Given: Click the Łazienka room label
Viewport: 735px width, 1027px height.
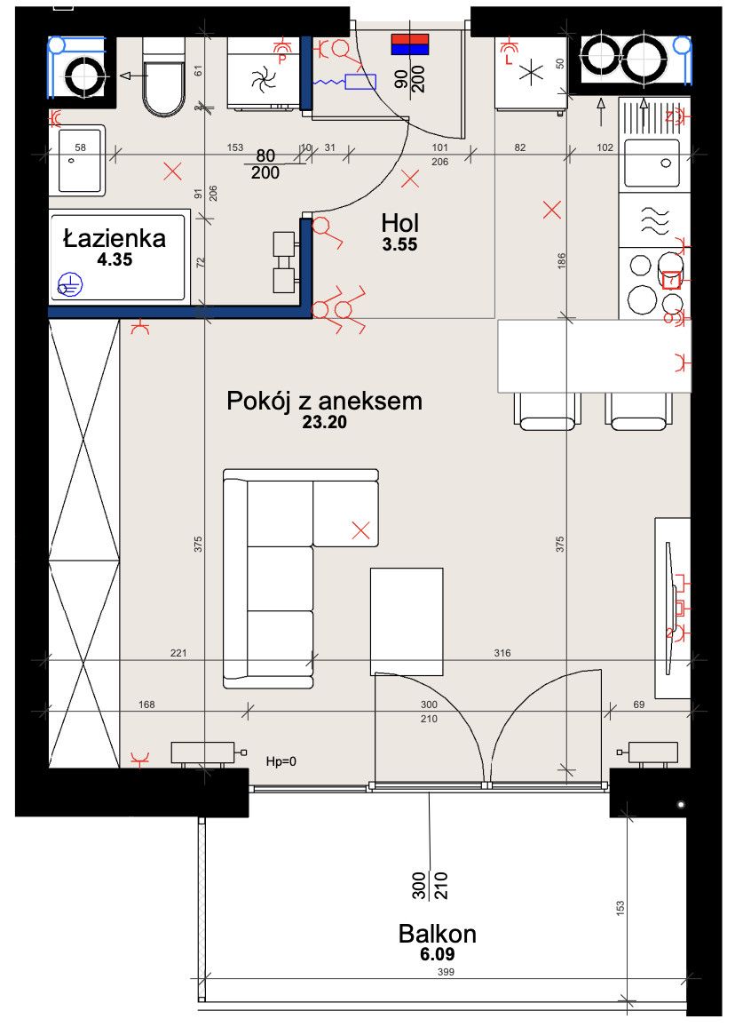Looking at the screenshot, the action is tap(115, 238).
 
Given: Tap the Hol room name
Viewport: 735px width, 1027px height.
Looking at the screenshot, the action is tap(399, 223).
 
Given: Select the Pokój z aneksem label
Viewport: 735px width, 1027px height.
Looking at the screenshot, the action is tap(324, 401).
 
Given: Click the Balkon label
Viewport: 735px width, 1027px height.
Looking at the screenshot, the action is tap(438, 934).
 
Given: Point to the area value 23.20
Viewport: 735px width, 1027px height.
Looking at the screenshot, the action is tap(325, 423).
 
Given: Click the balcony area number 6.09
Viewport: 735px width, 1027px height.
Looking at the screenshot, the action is tap(438, 954).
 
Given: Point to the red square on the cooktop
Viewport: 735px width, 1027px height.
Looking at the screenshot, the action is tap(671, 280).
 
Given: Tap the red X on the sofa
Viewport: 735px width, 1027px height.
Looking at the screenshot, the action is tap(360, 530).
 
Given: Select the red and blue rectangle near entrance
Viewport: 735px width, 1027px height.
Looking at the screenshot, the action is tap(410, 44).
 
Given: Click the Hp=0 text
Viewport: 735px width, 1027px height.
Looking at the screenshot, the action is tap(281, 761).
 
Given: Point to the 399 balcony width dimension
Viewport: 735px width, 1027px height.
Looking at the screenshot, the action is tap(446, 972).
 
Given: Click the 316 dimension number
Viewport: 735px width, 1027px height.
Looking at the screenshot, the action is tap(502, 653).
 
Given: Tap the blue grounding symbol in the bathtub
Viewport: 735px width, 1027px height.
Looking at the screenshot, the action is tap(69, 285).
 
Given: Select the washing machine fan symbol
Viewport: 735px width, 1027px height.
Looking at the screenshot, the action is tap(264, 81).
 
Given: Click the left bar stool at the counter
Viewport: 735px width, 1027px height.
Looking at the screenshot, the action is tap(547, 411).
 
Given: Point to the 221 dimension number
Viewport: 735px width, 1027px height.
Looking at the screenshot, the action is tap(178, 653).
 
